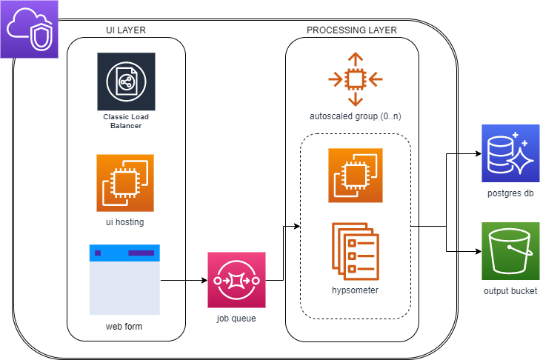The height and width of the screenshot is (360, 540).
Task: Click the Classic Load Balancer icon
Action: click(x=126, y=81)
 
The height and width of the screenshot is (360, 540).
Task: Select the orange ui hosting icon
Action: click(x=125, y=183)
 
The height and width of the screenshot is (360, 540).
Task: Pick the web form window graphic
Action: click(x=124, y=279)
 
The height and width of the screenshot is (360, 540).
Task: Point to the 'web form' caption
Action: click(x=124, y=327)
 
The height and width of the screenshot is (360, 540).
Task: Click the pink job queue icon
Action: click(x=236, y=281)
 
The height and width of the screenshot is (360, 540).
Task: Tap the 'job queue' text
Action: click(x=236, y=319)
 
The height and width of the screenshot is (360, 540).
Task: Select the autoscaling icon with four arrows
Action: click(x=356, y=79)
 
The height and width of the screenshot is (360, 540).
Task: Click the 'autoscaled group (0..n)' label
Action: click(x=356, y=117)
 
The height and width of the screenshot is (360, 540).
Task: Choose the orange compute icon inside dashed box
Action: click(x=356, y=176)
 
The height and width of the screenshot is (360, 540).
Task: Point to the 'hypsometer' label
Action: click(x=356, y=290)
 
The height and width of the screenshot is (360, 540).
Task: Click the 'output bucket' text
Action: click(x=510, y=290)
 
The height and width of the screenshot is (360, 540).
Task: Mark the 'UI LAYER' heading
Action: click(x=124, y=30)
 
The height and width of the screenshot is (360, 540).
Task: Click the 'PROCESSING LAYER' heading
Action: click(x=351, y=30)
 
